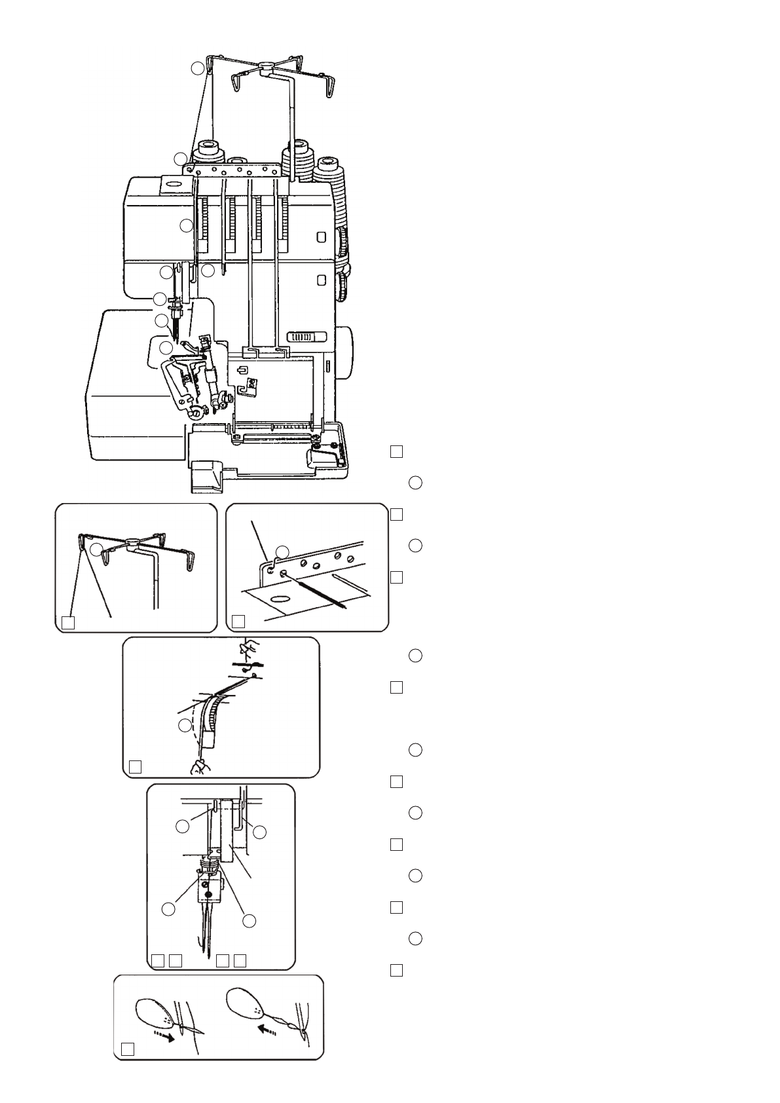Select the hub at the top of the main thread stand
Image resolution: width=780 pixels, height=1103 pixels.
coord(264,66)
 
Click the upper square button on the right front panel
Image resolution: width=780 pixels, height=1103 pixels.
coord(322,236)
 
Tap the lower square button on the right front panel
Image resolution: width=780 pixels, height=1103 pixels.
coord(322,280)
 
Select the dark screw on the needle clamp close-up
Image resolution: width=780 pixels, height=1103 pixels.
coord(208,893)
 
